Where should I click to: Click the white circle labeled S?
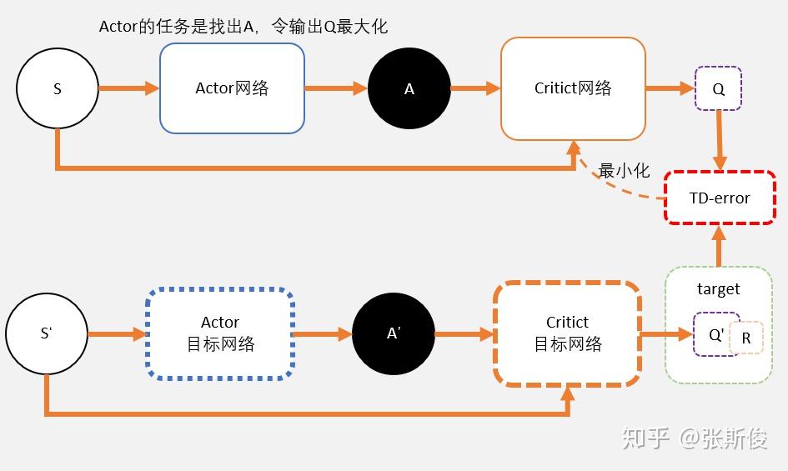pos(57,88)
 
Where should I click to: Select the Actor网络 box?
pos(232,88)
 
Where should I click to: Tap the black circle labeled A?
pos(409,88)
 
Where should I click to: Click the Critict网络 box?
pos(573,88)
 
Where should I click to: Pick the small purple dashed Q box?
pos(718,88)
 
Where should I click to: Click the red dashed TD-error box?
pos(720,198)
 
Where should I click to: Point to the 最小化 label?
pos(624,170)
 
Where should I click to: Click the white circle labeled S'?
pos(47,333)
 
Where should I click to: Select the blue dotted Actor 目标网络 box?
pos(220,333)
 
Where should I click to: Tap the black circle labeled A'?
pos(394,333)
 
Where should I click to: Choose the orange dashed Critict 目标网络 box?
pos(567,333)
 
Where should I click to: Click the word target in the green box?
pos(718,289)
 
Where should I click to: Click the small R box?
pos(746,338)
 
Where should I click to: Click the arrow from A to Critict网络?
pos(475,88)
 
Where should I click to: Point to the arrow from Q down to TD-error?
pos(719,142)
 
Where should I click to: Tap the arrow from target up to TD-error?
pos(719,245)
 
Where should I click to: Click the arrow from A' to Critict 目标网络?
pos(464,333)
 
